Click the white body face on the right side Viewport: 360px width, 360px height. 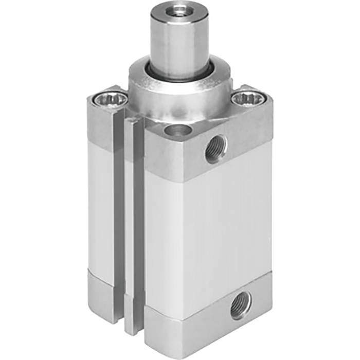pyautogui.click(x=226, y=226)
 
